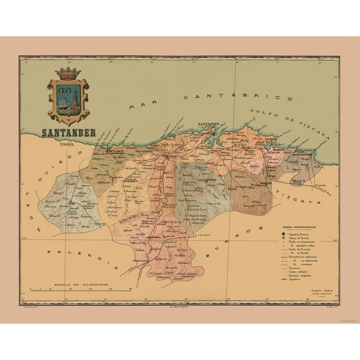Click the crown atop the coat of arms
(x=68, y=73)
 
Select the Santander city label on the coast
(x=209, y=124)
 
